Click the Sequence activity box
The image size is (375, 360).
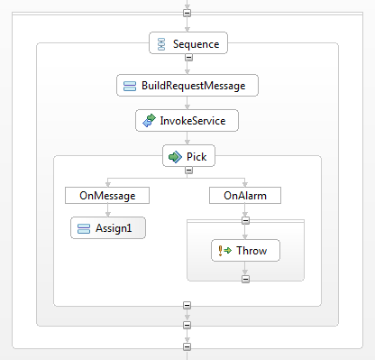click(x=187, y=42)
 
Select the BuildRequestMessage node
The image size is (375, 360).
click(x=187, y=86)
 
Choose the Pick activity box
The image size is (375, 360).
click(x=187, y=156)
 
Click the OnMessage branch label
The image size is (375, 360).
click(x=106, y=194)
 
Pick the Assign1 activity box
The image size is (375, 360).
click(x=107, y=228)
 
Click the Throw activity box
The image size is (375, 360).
click(x=244, y=250)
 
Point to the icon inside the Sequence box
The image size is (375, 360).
click(x=160, y=42)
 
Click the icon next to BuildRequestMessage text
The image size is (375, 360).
click(x=129, y=86)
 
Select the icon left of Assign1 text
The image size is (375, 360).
click(x=82, y=228)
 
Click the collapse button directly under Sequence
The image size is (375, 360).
click(x=187, y=59)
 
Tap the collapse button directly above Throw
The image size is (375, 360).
click(x=244, y=219)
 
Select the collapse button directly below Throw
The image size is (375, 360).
click(x=244, y=278)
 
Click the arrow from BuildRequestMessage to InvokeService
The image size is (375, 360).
click(x=187, y=103)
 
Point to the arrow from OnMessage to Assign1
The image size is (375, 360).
click(x=106, y=210)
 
